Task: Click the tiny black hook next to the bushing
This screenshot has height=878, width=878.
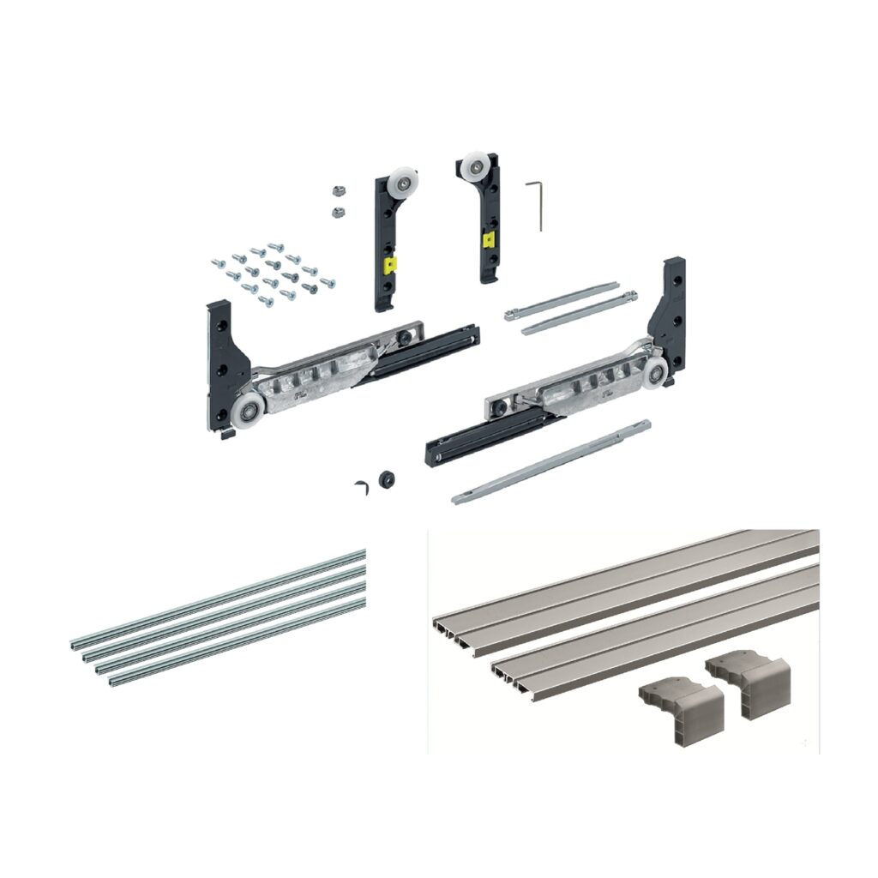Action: [360, 487]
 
